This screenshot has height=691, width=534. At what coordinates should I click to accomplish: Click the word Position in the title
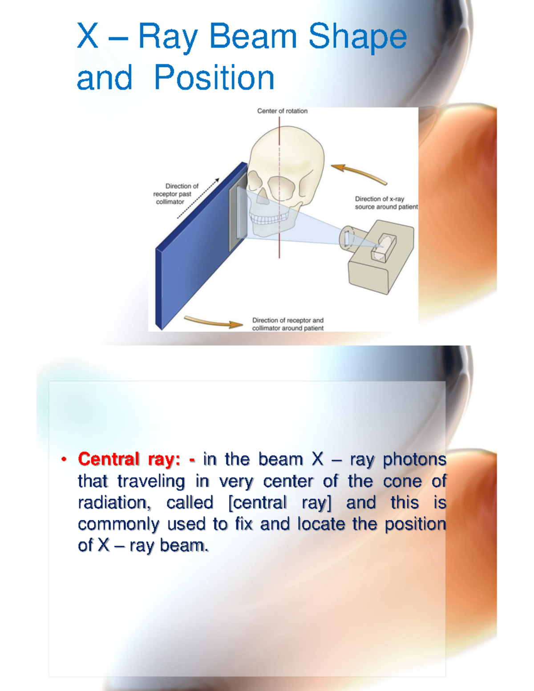coord(214,78)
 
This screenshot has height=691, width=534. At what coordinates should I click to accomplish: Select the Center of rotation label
coord(282,111)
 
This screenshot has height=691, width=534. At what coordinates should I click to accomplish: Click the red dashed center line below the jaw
coord(279,247)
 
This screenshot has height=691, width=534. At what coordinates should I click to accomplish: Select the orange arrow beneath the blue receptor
coord(213,322)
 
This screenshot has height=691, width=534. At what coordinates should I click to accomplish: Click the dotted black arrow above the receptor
coord(198,198)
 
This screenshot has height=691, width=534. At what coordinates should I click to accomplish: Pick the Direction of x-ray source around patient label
coord(386,203)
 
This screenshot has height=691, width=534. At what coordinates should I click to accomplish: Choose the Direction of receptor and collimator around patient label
coord(288,324)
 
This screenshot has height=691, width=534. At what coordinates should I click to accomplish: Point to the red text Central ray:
coord(129,459)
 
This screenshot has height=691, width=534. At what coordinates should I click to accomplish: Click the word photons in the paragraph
coord(414,459)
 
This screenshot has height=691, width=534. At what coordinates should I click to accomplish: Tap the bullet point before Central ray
coord(64,459)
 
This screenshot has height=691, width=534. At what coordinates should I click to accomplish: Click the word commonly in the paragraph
coord(118,524)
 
